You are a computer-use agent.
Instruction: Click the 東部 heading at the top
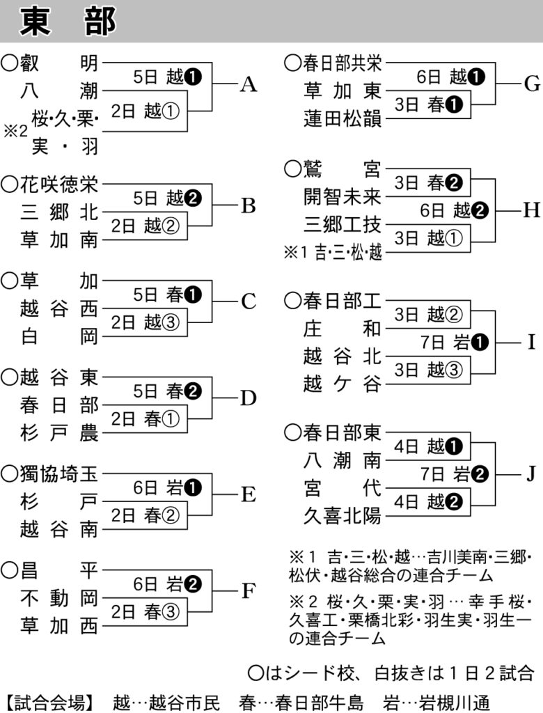(x=68, y=22)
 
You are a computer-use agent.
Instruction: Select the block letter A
(x=249, y=84)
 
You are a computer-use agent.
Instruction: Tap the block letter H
(x=531, y=210)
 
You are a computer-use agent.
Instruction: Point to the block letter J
(x=530, y=473)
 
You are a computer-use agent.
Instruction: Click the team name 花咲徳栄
(x=58, y=185)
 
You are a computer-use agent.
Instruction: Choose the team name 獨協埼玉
(x=58, y=473)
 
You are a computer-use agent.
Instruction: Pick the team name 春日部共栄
(x=342, y=63)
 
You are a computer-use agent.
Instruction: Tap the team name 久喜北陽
(x=342, y=516)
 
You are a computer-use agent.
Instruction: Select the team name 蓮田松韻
(x=342, y=118)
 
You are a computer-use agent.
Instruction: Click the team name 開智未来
(x=342, y=197)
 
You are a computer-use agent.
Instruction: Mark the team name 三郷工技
(x=342, y=225)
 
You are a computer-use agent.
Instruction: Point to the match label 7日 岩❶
(x=455, y=343)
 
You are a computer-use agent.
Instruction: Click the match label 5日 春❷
(x=167, y=391)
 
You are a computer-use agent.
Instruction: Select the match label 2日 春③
(x=145, y=611)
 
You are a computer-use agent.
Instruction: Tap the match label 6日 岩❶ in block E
(x=167, y=488)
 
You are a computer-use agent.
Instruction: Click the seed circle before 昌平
(x=10, y=570)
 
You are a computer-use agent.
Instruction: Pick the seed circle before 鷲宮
(x=293, y=169)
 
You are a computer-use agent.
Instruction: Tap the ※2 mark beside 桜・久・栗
(x=15, y=132)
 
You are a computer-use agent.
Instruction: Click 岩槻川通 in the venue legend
(x=454, y=703)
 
